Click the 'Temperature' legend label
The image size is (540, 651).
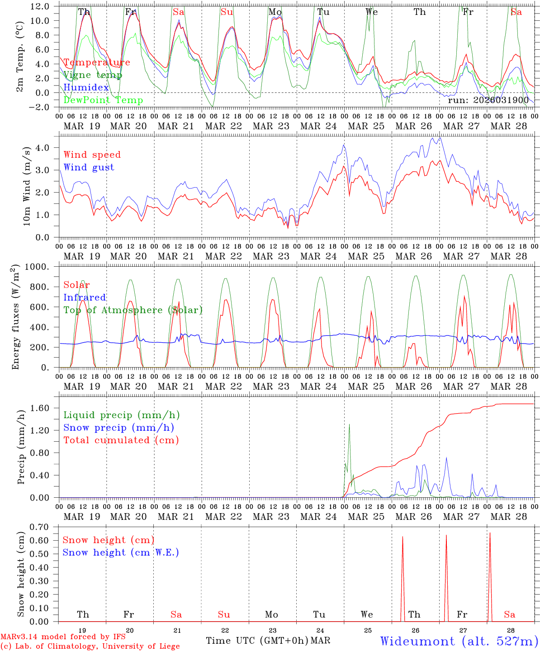point(97,62)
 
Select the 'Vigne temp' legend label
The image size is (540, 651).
point(93,75)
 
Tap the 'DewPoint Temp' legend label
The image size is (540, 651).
point(103,100)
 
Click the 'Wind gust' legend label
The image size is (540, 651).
point(89,167)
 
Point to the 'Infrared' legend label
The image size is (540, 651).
point(85,297)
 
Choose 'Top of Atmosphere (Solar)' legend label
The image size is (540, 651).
point(133,310)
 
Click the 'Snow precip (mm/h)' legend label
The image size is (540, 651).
point(118,428)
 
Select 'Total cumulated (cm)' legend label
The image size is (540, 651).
point(121,440)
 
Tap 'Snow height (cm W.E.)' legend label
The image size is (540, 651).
point(121,552)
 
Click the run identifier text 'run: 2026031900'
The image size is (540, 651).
point(488,100)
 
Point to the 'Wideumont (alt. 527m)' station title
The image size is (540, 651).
point(459,641)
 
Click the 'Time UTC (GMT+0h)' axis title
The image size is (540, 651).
point(257,641)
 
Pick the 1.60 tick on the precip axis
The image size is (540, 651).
point(43,408)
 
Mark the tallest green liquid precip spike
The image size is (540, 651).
point(349,425)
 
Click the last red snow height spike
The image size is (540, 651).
point(490,534)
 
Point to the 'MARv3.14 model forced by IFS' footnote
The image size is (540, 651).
point(63,637)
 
